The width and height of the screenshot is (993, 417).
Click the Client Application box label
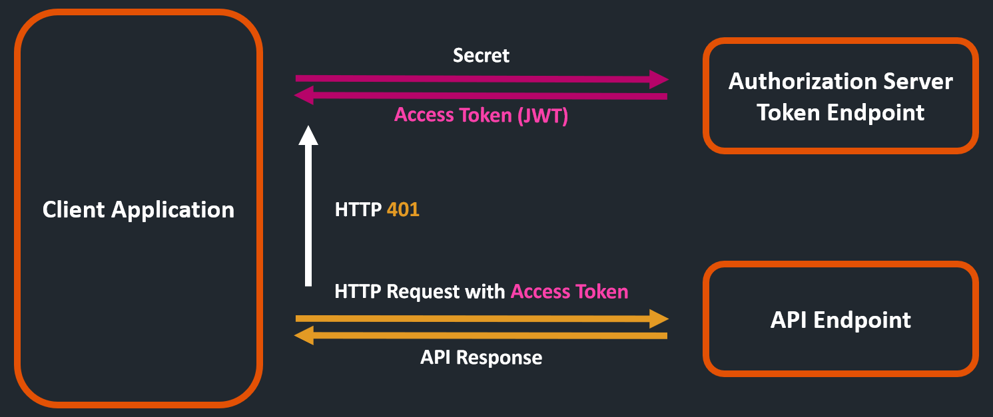(x=139, y=209)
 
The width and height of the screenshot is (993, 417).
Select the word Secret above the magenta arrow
(x=481, y=55)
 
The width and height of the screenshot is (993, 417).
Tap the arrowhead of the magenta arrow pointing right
(x=659, y=79)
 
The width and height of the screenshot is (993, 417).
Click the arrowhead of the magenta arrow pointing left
(x=305, y=96)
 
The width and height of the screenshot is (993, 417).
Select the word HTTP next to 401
(x=358, y=210)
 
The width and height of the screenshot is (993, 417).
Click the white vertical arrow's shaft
(x=308, y=213)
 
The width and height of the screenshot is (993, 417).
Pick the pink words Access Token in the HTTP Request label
(x=569, y=291)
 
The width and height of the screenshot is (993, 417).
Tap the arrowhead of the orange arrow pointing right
(x=659, y=319)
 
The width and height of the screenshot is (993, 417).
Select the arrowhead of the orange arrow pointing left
(x=305, y=336)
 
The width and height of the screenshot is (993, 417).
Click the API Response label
(x=481, y=357)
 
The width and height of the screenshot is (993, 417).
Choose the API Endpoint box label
(x=840, y=320)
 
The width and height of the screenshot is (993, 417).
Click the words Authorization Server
(x=840, y=81)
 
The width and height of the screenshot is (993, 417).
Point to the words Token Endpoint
(x=840, y=112)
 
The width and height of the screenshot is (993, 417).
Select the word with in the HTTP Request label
(x=486, y=291)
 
